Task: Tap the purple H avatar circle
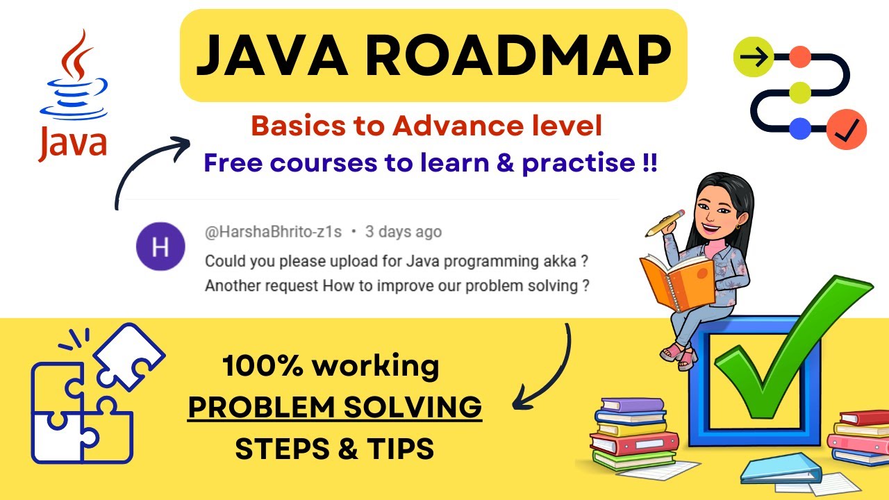tap(160, 247)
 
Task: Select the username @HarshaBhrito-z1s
tap(273, 232)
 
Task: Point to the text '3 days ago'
tap(404, 232)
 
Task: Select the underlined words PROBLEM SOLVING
tap(335, 408)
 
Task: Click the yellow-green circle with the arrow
tap(753, 58)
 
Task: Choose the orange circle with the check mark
tap(847, 127)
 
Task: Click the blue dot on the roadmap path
tap(801, 128)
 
